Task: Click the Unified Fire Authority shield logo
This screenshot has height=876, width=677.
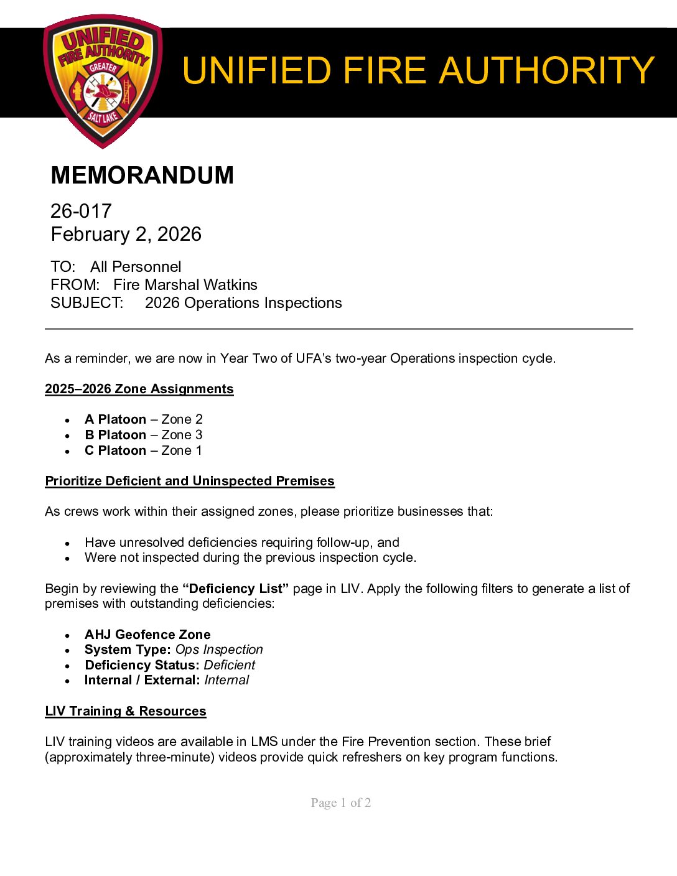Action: pos(103,81)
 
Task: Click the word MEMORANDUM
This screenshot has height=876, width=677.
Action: pos(142,175)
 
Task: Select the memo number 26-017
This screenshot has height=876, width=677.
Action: pos(81,211)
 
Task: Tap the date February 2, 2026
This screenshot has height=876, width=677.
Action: pos(126,234)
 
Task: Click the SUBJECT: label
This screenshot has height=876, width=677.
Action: pos(86,303)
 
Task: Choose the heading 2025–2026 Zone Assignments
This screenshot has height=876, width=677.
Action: pos(139,389)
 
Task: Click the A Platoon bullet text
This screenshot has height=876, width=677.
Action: pos(115,419)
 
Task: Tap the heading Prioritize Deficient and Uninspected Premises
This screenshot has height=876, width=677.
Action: pos(189,481)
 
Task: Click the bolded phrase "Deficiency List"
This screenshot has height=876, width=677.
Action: pos(235,589)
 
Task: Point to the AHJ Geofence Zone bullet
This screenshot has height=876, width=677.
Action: pos(147,635)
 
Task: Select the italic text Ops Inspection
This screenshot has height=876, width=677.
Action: pos(219,650)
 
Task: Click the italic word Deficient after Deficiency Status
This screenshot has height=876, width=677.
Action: pos(230,665)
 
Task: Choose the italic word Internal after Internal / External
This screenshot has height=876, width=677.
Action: pos(226,680)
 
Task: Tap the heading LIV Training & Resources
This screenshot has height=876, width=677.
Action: pos(125,711)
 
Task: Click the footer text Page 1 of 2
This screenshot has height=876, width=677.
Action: pos(341,803)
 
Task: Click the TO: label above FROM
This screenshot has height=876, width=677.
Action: pos(63,267)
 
